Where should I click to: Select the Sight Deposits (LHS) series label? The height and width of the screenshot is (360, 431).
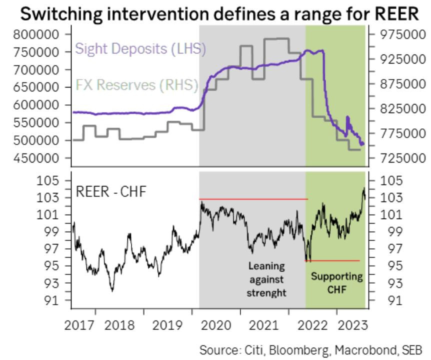140,49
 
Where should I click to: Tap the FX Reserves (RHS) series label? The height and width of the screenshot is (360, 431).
137,85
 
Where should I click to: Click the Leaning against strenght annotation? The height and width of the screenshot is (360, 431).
266,279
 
